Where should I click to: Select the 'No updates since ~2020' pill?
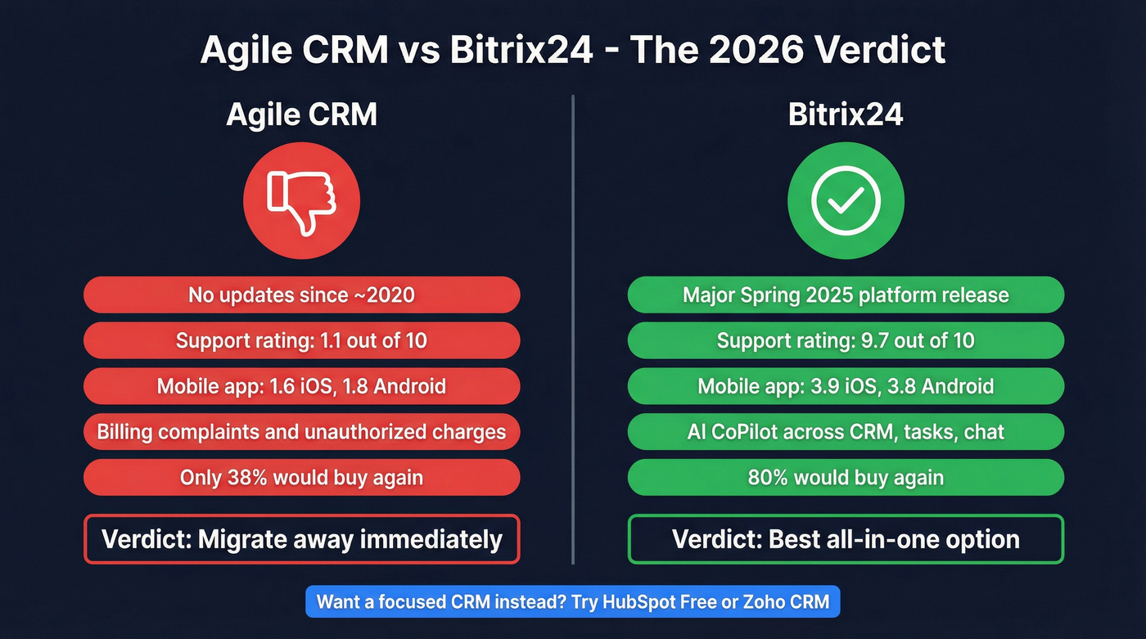click(x=301, y=295)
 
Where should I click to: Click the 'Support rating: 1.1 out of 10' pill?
click(x=301, y=340)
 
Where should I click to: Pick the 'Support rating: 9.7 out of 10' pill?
click(x=846, y=340)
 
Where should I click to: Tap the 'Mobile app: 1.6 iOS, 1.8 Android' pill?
click(x=301, y=386)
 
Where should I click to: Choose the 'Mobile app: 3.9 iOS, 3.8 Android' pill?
click(x=846, y=386)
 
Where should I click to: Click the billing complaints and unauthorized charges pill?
click(x=301, y=432)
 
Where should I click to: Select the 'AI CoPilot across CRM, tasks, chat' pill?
click(x=846, y=432)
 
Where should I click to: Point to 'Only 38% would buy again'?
click(x=301, y=478)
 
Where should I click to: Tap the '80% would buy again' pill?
click(x=846, y=478)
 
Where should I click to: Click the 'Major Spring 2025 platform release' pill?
click(x=846, y=295)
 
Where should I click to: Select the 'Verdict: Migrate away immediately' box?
click(x=301, y=539)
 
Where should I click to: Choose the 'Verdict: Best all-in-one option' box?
click(x=846, y=539)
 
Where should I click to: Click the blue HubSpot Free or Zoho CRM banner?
click(x=573, y=603)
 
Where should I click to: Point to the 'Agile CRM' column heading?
click(x=301, y=115)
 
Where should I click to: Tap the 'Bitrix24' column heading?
click(x=846, y=115)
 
